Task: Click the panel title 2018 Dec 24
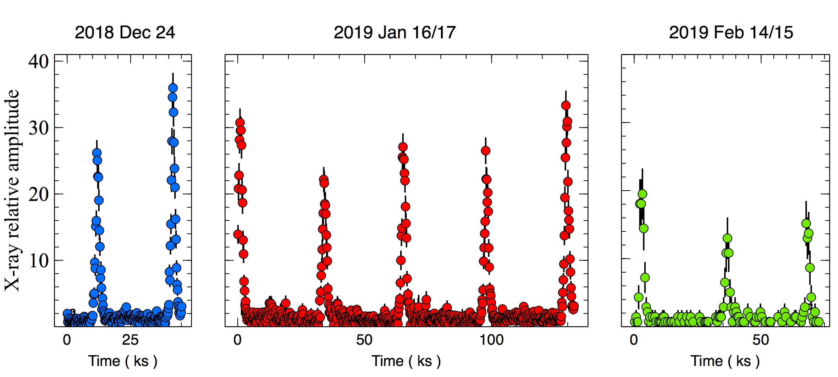[125, 33]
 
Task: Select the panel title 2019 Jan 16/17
[395, 33]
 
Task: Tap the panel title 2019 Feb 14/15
[731, 33]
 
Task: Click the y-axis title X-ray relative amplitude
[12, 190]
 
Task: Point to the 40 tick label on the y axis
[39, 62]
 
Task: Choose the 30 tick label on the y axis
[39, 128]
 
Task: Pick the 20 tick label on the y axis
[39, 194]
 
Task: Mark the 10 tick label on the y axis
[39, 261]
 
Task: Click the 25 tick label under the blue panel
[130, 340]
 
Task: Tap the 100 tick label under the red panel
[491, 340]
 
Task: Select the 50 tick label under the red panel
[364, 340]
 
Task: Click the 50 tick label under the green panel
[761, 340]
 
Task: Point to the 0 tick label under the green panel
[634, 340]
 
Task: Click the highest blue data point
[173, 88]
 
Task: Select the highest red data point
[566, 105]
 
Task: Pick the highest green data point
[642, 194]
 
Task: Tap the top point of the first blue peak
[97, 153]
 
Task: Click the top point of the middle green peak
[727, 238]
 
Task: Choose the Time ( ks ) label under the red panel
[406, 361]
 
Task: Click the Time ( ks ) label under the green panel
[725, 361]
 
